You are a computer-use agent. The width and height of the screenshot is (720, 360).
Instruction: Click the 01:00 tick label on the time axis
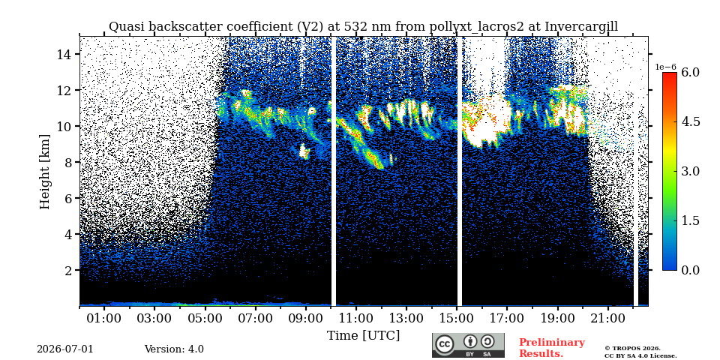tap(105, 318)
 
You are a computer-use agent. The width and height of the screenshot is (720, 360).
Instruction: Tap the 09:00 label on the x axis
tap(306, 318)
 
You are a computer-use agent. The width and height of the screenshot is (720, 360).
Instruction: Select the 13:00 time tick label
tap(407, 318)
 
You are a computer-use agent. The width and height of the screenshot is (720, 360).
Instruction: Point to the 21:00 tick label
tap(608, 318)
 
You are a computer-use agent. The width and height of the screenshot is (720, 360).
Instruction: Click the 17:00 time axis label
tap(508, 318)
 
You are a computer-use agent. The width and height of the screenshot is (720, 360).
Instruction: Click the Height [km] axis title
tap(44, 172)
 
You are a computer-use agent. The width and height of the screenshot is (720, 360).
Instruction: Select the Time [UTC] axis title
tap(363, 336)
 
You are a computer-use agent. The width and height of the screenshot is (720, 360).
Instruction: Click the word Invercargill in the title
tap(581, 27)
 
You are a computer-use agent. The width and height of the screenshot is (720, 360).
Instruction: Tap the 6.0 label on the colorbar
tap(690, 72)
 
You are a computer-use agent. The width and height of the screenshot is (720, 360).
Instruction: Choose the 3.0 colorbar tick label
tap(690, 171)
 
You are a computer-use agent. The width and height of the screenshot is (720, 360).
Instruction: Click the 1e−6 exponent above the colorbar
tap(665, 67)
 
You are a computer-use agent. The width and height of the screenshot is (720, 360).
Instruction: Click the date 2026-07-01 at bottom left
tap(65, 349)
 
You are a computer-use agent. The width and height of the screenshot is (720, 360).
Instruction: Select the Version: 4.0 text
tap(174, 349)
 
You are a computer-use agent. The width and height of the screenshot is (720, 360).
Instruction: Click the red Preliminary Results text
tap(552, 347)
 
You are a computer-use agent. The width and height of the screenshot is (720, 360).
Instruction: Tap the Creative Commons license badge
tap(468, 345)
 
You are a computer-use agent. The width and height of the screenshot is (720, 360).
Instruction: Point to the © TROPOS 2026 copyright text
tap(632, 349)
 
